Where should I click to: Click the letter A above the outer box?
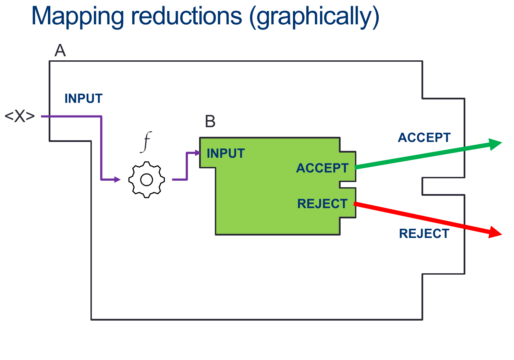(60, 51)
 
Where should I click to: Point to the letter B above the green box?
(210, 121)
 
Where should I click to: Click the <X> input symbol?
(20, 117)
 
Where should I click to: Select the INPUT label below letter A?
(84, 99)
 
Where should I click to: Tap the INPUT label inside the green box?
(226, 153)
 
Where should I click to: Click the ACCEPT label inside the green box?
(322, 168)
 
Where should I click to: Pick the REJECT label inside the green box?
(322, 204)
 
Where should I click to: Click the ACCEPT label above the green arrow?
(424, 137)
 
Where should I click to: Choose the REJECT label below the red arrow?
(424, 233)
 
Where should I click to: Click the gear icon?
(147, 180)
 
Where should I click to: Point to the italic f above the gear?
(146, 142)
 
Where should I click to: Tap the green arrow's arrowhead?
(495, 144)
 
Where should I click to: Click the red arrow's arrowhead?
(495, 233)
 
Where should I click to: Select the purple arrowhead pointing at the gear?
(117, 179)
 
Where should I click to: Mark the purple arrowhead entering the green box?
(198, 153)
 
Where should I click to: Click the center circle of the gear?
(147, 180)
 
